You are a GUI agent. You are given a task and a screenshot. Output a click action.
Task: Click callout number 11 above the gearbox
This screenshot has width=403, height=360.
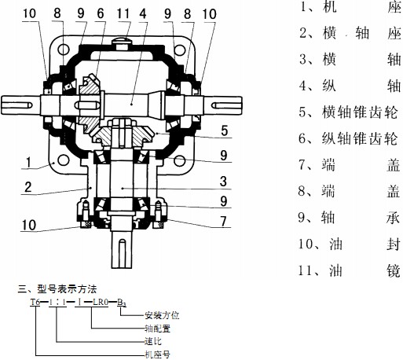coord(123,14)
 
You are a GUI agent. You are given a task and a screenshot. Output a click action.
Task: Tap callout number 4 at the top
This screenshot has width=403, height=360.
coord(143,14)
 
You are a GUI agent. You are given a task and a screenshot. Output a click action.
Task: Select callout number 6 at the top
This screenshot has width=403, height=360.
coord(101,14)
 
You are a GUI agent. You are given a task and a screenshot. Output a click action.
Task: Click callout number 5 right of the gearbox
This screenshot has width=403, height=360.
coord(225,130)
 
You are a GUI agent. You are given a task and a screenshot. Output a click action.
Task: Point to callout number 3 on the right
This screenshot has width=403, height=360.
coord(223,182)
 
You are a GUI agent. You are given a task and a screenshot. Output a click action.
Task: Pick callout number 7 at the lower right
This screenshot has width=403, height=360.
coord(223,222)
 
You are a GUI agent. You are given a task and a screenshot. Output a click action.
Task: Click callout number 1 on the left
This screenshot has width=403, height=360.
coord(29,162)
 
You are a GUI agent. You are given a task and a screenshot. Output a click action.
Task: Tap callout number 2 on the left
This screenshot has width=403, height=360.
coord(28,187)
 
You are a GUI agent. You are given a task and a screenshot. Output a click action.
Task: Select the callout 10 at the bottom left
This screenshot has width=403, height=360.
coord(29,225)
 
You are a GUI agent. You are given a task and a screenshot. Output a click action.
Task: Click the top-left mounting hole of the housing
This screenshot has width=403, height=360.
coord(64,50)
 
